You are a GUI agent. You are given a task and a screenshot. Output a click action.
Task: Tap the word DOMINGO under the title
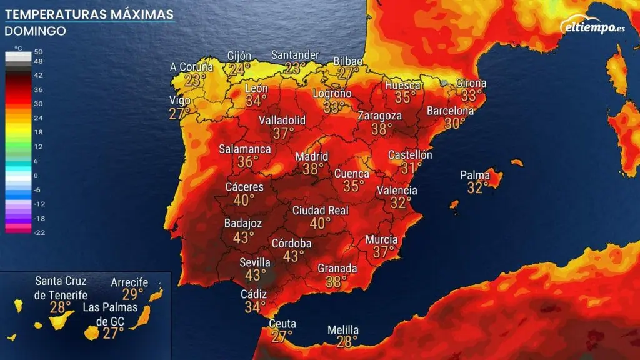point(35,31)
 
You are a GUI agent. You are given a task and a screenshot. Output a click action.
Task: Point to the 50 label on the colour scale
point(38,51)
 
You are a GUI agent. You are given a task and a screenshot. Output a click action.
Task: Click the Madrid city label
point(311,156)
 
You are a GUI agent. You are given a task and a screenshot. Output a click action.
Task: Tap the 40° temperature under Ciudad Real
point(320,223)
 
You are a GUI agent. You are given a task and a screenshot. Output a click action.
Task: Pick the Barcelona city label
point(450,111)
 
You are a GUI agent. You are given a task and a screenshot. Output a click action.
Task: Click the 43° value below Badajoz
point(243,237)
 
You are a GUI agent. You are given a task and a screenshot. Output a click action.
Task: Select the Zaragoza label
point(379,116)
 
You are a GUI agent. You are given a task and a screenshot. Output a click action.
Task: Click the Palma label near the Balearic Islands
point(475,175)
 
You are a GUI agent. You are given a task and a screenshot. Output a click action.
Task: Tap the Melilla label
point(343,330)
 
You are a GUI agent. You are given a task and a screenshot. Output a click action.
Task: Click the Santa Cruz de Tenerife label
point(61,287)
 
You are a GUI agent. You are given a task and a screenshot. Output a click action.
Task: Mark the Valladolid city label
point(282,119)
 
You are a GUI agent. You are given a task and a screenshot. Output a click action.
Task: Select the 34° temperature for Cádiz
point(255,307)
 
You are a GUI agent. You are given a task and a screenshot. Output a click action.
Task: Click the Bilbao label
point(348,61)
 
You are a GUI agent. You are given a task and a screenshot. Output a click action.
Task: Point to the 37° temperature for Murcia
point(384,251)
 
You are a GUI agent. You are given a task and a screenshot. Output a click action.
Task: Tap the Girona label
point(471,82)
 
